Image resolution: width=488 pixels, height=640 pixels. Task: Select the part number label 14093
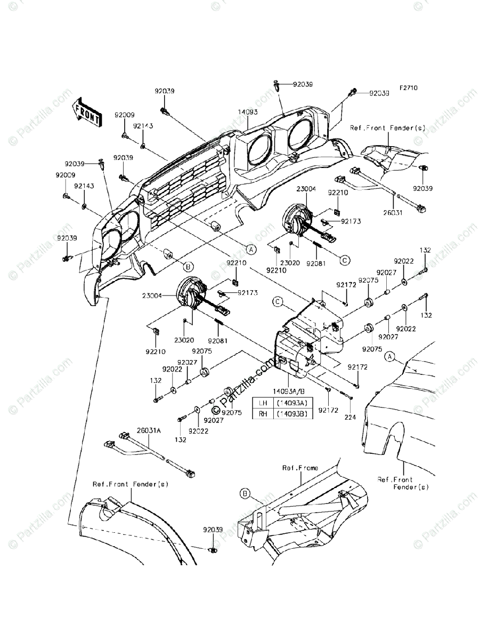(x=248, y=112)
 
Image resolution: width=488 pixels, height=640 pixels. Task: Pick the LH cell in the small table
(x=263, y=403)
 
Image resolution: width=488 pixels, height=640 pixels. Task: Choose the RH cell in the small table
(x=263, y=413)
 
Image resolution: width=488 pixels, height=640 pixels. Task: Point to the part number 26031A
(x=149, y=430)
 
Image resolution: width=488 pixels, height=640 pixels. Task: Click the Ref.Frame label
(x=300, y=468)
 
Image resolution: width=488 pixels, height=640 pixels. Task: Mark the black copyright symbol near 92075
(x=215, y=411)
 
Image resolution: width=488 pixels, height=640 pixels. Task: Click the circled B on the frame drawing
(x=245, y=494)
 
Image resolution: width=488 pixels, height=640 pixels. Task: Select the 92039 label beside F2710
(x=380, y=93)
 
